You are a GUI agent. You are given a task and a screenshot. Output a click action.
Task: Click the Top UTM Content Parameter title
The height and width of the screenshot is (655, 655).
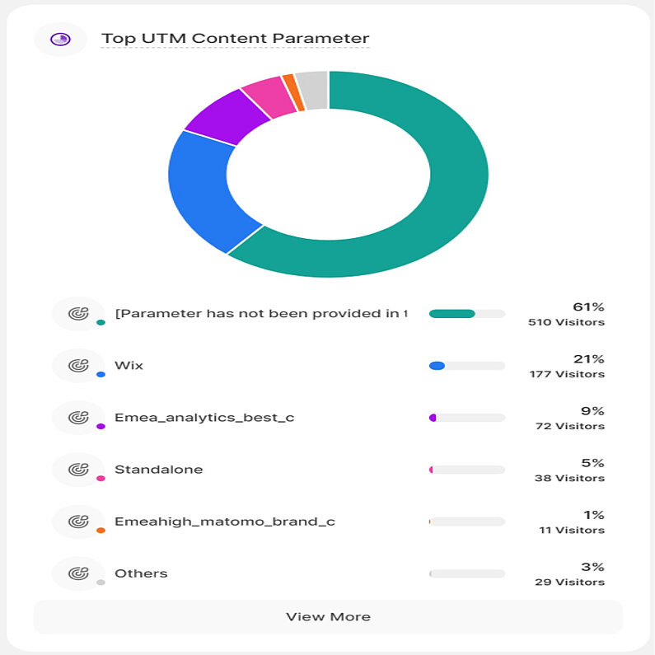(235, 38)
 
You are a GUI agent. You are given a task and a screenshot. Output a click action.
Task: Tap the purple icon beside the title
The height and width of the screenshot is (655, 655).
(60, 39)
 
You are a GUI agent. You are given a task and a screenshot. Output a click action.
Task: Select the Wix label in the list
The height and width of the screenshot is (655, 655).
(129, 365)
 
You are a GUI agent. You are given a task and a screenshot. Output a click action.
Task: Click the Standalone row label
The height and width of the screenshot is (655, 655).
(158, 470)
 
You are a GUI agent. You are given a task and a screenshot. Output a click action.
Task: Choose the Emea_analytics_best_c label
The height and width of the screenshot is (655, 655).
(204, 417)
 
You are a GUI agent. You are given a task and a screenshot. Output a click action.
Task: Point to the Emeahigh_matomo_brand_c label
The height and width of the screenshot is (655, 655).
(224, 522)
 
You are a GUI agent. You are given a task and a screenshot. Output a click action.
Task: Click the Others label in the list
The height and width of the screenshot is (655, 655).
(141, 573)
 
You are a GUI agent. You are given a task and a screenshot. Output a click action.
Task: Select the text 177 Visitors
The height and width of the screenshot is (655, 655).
(566, 374)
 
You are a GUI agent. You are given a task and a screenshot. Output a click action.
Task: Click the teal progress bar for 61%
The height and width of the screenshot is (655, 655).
(452, 313)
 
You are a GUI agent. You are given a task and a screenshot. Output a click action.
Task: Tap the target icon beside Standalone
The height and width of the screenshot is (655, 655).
(77, 470)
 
